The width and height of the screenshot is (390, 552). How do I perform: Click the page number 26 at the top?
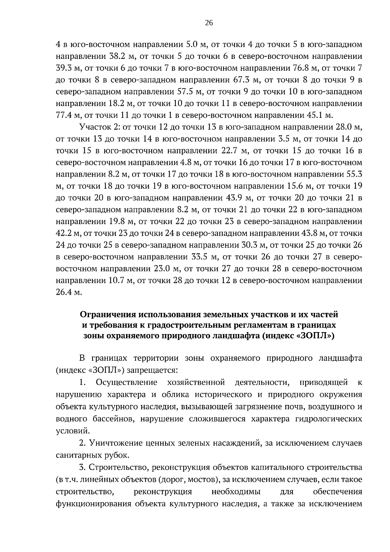tap(209, 22)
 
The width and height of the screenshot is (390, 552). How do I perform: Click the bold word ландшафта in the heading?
tap(235, 335)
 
